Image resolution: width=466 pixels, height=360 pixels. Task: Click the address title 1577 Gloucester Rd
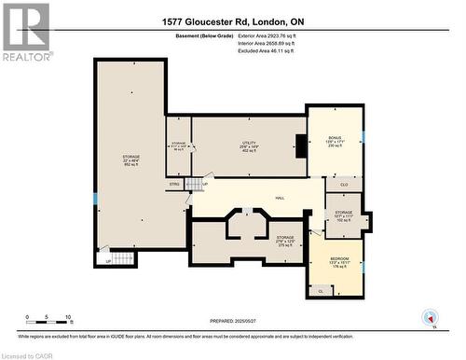tap(232, 21)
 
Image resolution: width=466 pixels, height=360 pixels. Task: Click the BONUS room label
tap(335, 138)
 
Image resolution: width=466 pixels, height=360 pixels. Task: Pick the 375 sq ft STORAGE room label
tap(285, 238)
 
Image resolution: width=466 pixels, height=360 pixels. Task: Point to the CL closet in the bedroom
tap(321, 291)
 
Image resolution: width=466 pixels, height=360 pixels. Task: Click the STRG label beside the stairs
tap(174, 185)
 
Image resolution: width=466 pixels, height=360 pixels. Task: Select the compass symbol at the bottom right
tap(430, 318)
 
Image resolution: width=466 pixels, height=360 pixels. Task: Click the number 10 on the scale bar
tap(69, 318)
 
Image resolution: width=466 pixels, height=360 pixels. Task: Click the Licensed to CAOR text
tap(28, 354)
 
